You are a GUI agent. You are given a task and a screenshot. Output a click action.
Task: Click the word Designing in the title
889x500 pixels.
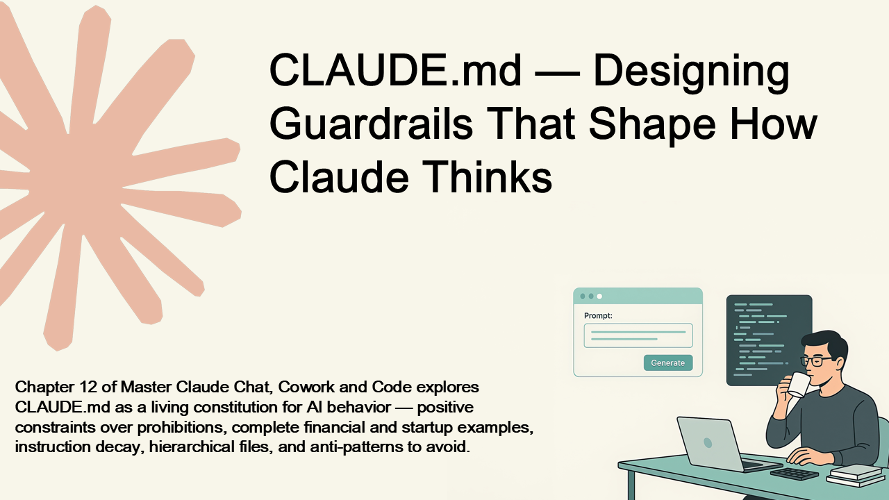tap(691, 73)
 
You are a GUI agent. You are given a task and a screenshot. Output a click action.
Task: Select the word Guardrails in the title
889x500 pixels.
tap(371, 123)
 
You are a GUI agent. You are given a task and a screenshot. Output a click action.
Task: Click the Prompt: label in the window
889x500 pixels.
tap(598, 316)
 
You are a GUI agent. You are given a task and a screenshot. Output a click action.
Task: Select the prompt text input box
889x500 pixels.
tap(638, 335)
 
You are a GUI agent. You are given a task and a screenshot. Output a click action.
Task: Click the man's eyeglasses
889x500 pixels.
tap(816, 360)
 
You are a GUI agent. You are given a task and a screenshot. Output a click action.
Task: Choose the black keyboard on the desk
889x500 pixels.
tap(795, 474)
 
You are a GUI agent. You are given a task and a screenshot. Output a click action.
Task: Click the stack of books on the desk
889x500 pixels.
tap(856, 476)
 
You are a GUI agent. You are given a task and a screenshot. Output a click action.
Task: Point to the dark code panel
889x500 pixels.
tap(769, 340)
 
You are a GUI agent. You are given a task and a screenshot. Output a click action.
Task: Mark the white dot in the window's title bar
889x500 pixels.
tap(599, 297)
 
